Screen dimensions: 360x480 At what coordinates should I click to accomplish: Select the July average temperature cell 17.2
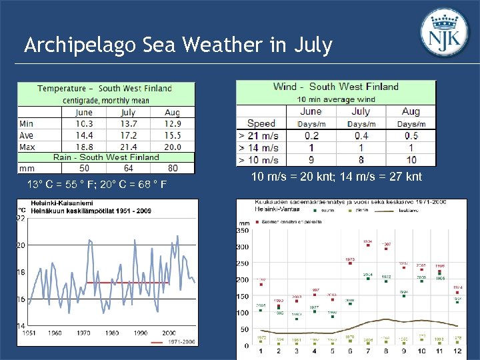coord(129,135)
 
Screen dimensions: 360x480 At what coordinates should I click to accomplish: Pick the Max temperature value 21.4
coord(129,147)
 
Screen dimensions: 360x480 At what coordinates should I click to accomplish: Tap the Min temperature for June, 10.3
coord(84,124)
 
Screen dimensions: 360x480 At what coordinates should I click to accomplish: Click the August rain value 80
coord(173,169)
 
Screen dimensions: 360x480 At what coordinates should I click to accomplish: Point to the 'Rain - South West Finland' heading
coord(107,157)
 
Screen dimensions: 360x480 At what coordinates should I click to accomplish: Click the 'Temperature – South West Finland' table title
coord(105,88)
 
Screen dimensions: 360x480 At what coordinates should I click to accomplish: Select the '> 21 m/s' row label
coord(259,135)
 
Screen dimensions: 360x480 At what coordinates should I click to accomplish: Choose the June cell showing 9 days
coord(311,160)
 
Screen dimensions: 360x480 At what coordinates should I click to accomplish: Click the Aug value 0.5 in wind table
coord(411,135)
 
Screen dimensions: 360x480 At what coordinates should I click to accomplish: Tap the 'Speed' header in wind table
coord(261,123)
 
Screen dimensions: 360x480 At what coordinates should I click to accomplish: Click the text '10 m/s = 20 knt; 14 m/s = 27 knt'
coord(337,177)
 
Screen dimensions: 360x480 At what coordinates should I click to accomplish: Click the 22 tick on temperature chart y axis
coord(21,218)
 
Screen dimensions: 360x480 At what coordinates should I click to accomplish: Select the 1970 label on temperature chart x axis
coord(83,333)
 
